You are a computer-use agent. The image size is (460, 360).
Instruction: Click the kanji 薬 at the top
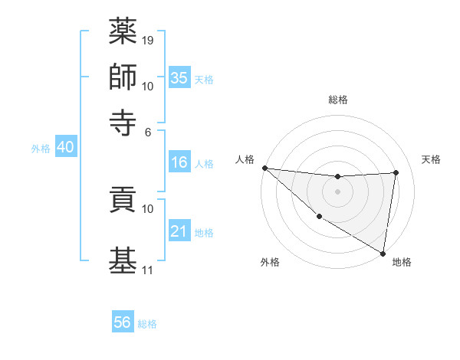pos(123,31)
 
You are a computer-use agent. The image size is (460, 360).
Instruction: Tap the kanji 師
pos(123,77)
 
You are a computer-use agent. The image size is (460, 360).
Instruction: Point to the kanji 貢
pos(123,201)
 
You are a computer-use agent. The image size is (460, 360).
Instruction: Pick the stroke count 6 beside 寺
pos(147,131)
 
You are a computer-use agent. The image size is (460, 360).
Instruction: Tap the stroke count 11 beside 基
pos(148,270)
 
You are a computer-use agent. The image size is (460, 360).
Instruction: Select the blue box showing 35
pos(179,77)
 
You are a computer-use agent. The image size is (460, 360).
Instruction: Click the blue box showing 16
pos(179,162)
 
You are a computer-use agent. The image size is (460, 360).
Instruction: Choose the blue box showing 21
pos(179,231)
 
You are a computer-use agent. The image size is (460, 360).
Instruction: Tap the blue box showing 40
pos(65,148)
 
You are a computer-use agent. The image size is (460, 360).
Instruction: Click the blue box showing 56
pos(122,322)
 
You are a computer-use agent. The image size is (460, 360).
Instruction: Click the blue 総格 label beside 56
pos(147,324)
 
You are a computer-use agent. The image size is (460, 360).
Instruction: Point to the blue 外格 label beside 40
pos(41,149)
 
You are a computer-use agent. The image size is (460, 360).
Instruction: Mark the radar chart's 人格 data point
pos(264,168)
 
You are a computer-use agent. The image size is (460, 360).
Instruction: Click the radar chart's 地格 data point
pos(383,253)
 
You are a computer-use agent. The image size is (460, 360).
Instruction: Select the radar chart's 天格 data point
pos(396,172)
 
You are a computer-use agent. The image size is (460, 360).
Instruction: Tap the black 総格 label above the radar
pos(337,100)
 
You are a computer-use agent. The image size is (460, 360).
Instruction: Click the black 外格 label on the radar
pos(270,262)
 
